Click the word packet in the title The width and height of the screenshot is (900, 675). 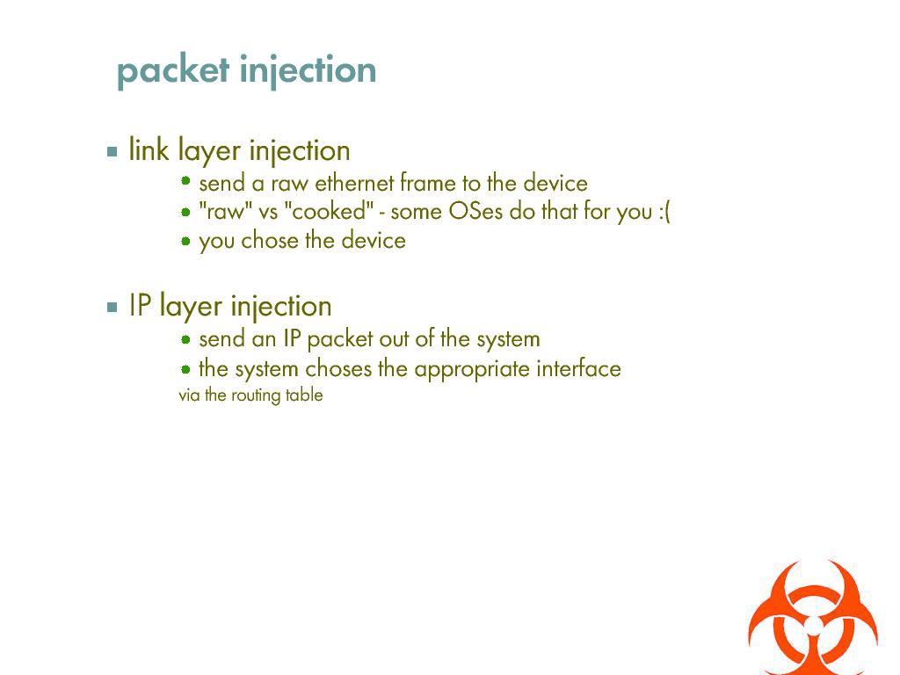[173, 71]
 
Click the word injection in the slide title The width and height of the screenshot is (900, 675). [308, 70]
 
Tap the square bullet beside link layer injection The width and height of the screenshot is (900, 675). [112, 151]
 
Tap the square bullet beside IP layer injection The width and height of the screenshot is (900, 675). [112, 307]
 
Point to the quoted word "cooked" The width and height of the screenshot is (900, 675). [329, 211]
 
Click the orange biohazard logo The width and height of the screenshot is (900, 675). [813, 619]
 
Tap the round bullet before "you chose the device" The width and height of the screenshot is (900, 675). [185, 241]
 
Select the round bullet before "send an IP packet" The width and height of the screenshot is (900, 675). [185, 339]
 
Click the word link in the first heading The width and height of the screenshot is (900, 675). [149, 149]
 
